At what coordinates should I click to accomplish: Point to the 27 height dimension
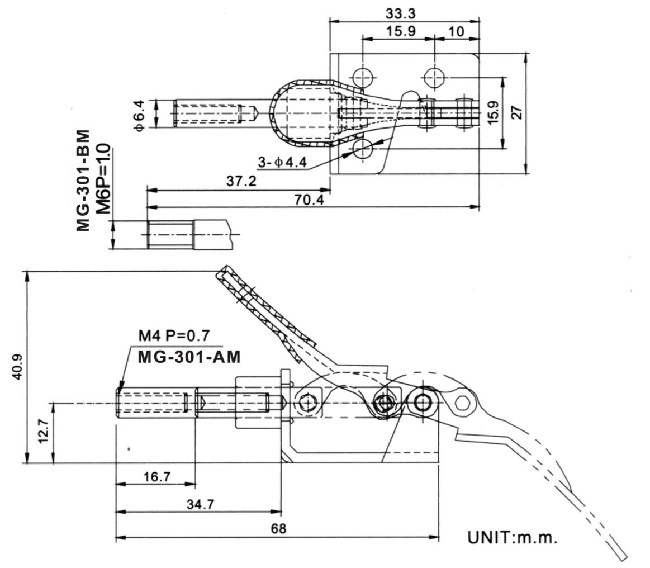click(519, 112)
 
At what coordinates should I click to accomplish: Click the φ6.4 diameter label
click(140, 115)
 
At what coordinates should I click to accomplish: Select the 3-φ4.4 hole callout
click(283, 162)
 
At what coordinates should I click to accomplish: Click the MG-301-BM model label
click(83, 180)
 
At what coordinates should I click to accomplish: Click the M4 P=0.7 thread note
click(174, 336)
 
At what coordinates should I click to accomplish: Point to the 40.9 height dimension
click(18, 367)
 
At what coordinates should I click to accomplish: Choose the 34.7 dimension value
click(200, 504)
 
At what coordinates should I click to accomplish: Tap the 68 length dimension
click(277, 529)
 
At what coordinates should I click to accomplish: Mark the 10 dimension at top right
click(456, 31)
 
